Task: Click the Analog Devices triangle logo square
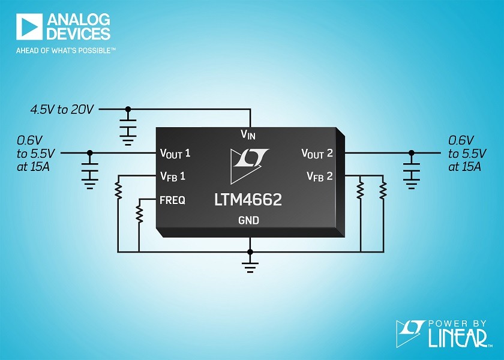pos(29,26)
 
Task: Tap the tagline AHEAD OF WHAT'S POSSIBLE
pos(66,50)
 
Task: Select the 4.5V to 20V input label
pos(62,110)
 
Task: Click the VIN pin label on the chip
pos(248,134)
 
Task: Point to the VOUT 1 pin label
pos(175,154)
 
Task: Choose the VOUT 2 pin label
pos(317,154)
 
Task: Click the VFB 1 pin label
pos(173,176)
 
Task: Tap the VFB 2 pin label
pos(319,176)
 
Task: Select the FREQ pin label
pos(173,200)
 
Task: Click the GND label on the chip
pos(249,220)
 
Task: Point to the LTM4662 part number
pos(248,200)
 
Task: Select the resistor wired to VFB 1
pos(118,190)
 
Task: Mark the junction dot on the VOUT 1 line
pos(90,152)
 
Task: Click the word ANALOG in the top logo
pos(79,20)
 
